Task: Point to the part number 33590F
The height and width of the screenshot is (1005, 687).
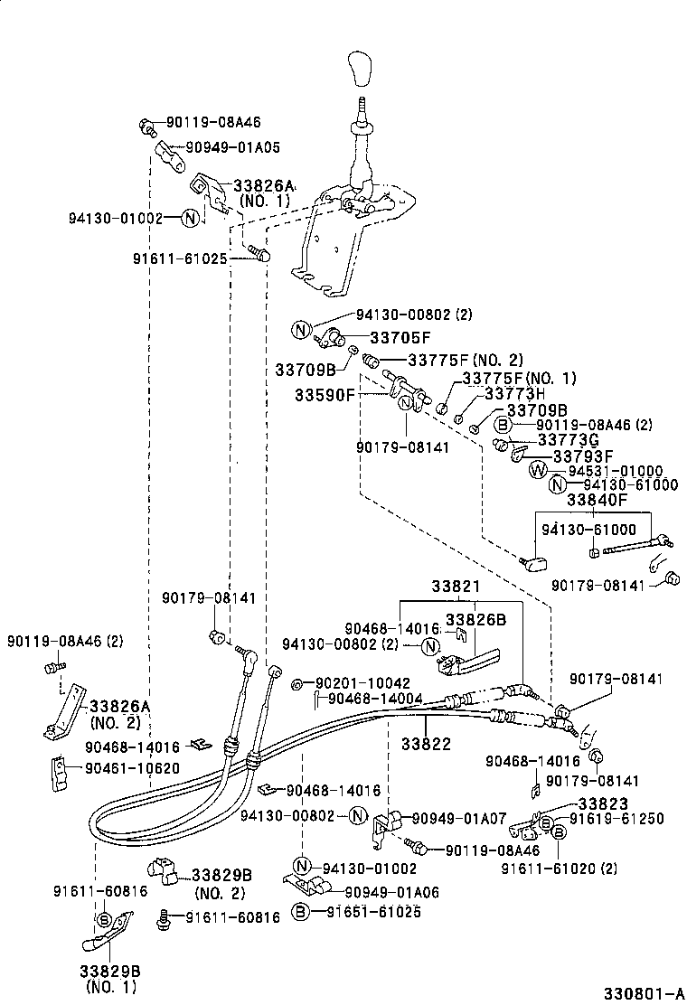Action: [x=325, y=395]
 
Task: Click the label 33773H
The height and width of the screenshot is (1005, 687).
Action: [x=515, y=394]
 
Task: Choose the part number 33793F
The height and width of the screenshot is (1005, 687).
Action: [x=583, y=456]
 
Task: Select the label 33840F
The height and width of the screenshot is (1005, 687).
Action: [x=597, y=499]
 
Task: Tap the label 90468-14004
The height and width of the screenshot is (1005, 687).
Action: [x=375, y=699]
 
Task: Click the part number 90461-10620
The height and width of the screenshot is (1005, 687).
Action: [x=132, y=768]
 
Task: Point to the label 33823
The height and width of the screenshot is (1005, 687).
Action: [x=604, y=803]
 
